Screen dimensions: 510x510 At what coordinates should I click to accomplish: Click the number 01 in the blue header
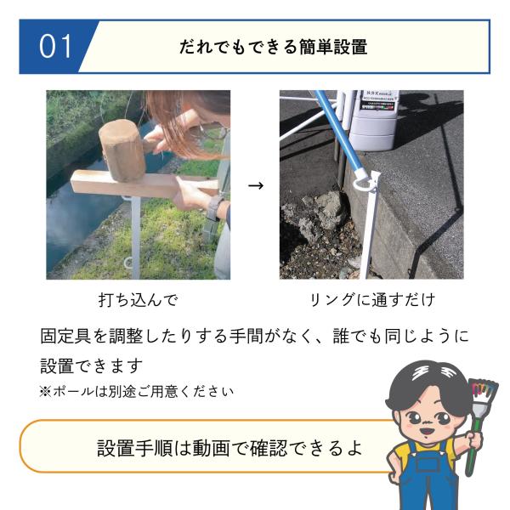tap(55, 47)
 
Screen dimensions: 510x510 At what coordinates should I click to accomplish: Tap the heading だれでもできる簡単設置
tap(273, 47)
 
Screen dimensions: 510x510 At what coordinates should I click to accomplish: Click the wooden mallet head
tap(122, 150)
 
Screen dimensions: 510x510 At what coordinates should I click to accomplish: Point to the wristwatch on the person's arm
tap(215, 209)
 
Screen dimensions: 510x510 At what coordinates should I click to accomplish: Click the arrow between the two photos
tap(256, 185)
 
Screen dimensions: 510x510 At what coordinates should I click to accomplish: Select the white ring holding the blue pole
tap(363, 183)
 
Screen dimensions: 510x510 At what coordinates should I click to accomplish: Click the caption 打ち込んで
tap(139, 300)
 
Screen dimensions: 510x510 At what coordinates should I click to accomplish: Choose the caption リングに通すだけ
tap(372, 299)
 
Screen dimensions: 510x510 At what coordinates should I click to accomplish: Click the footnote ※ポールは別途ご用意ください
tap(137, 391)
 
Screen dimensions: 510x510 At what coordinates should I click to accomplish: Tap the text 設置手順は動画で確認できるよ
tap(229, 448)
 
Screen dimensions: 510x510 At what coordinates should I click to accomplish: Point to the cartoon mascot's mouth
tap(426, 431)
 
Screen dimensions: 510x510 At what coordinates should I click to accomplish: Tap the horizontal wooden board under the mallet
tap(143, 184)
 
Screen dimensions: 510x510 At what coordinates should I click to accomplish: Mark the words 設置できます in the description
tap(92, 365)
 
